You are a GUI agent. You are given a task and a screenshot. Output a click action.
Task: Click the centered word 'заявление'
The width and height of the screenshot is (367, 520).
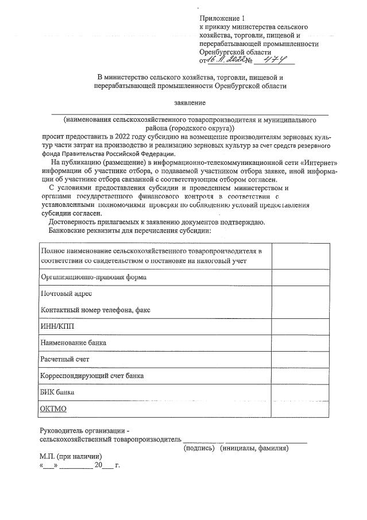pos(190,103)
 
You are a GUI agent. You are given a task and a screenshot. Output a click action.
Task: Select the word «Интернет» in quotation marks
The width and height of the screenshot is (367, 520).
pos(316,163)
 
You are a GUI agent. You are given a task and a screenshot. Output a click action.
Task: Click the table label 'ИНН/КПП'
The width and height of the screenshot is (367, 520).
pos(57,326)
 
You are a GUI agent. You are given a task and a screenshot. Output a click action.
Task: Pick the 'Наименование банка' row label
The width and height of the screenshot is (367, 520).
pos(74,342)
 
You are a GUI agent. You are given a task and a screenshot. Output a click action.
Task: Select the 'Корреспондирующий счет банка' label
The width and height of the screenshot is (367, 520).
pos(92,375)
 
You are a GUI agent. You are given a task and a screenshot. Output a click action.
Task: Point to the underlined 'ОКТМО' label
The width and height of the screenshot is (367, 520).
pos(53,409)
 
